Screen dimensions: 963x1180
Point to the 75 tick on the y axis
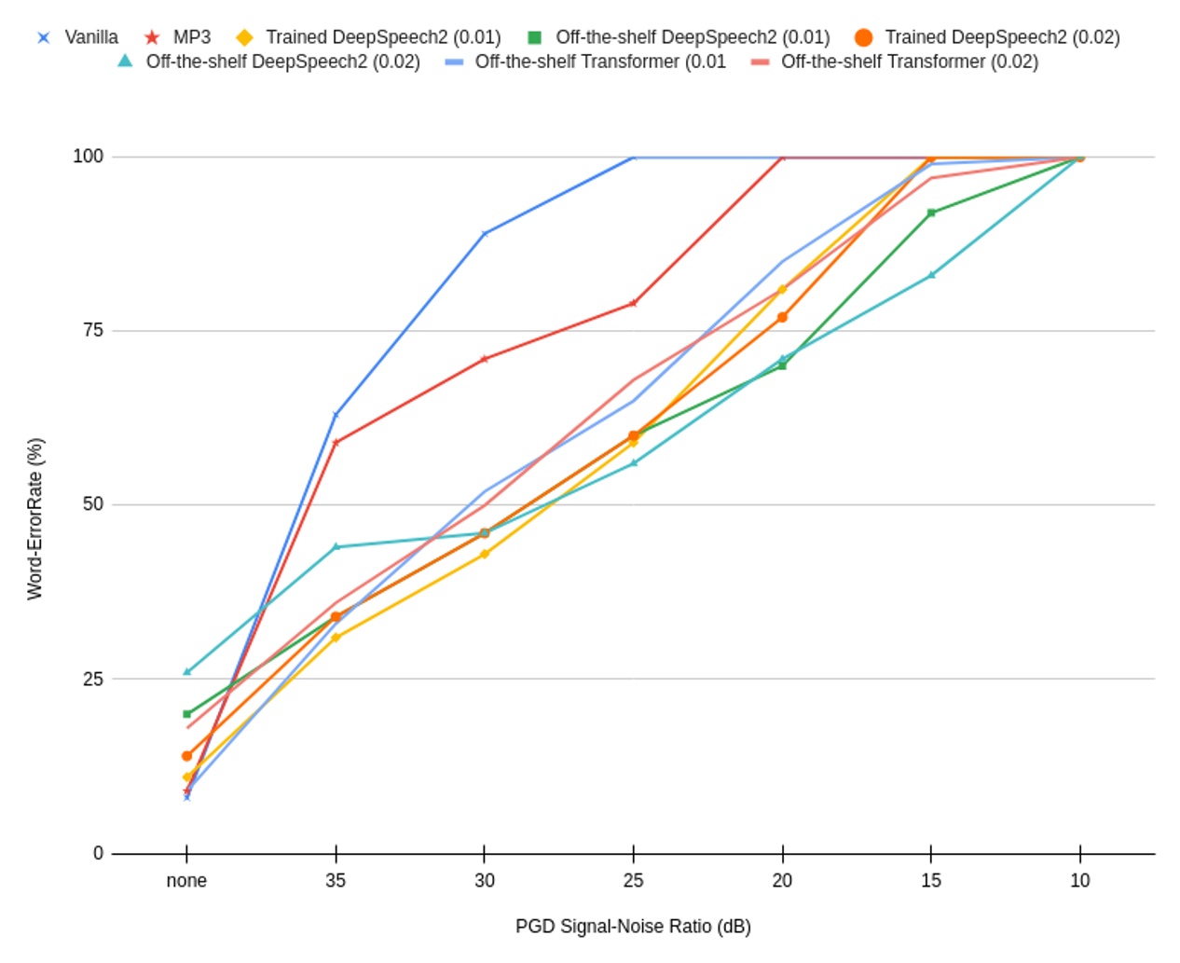pos(92,330)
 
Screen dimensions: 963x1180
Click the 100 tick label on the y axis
pos(88,156)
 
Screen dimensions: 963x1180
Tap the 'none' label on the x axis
pos(186,880)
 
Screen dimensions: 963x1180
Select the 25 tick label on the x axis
pos(633,880)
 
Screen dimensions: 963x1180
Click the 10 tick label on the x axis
pos(1079,880)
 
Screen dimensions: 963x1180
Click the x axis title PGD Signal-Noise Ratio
pos(633,926)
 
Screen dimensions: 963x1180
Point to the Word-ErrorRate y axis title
pos(34,518)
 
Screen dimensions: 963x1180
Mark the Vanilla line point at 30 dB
pos(484,234)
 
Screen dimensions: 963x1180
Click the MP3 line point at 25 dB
pos(633,303)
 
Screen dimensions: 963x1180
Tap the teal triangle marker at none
pos(186,671)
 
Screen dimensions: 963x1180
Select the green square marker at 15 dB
pos(930,213)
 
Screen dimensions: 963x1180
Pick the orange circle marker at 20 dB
pos(782,317)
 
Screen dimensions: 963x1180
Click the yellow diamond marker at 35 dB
pos(336,638)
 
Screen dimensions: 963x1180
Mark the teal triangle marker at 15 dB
pos(930,275)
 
